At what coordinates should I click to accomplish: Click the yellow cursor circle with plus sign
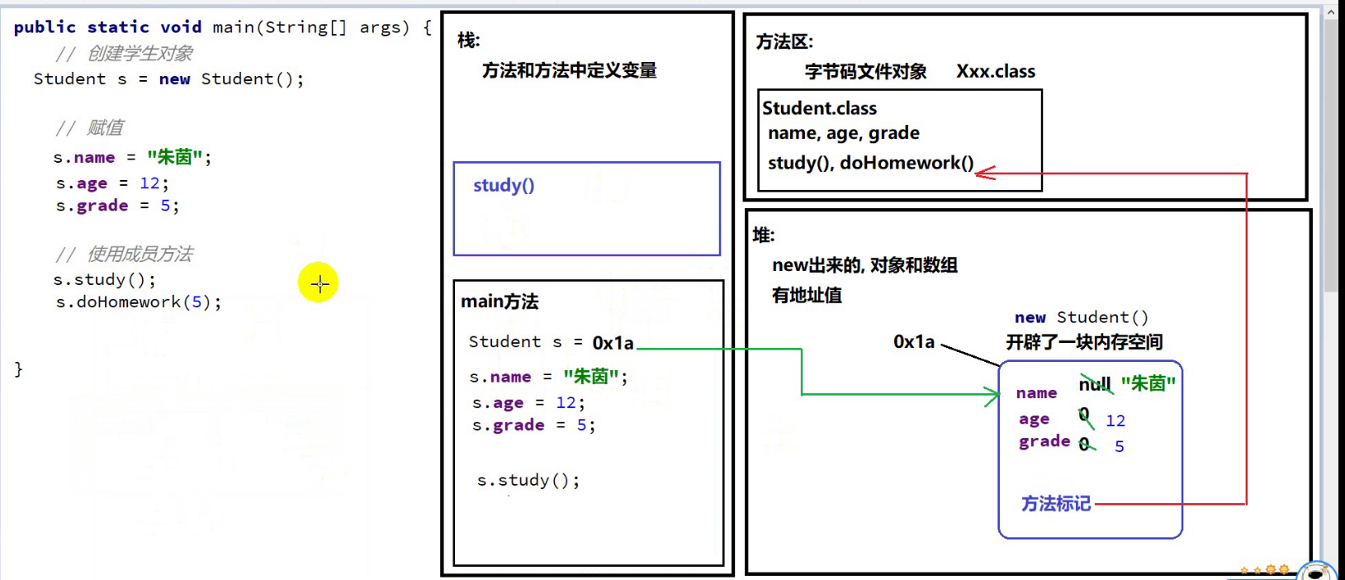point(319,283)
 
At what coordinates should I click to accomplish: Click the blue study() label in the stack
point(504,185)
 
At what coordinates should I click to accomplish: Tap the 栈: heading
point(468,40)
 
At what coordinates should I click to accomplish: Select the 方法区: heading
point(784,42)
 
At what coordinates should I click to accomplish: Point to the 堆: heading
point(764,235)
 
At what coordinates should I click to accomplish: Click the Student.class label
point(819,108)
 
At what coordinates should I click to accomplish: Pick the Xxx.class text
point(995,72)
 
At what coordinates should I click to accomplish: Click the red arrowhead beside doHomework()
point(984,173)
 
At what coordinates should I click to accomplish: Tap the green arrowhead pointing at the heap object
point(992,395)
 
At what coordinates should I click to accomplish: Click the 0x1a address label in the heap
point(913,342)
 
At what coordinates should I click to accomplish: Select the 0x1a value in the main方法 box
point(613,343)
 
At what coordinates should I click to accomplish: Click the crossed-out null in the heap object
point(1094,384)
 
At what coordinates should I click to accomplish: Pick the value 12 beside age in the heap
point(1115,421)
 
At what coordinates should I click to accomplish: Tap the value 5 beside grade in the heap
point(1119,446)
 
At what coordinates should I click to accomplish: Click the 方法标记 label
point(1055,504)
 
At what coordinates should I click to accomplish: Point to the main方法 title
point(500,302)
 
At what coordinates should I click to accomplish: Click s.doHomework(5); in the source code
point(138,302)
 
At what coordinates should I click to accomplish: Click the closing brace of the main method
point(18,368)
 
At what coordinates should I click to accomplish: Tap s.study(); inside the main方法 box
point(528,480)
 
